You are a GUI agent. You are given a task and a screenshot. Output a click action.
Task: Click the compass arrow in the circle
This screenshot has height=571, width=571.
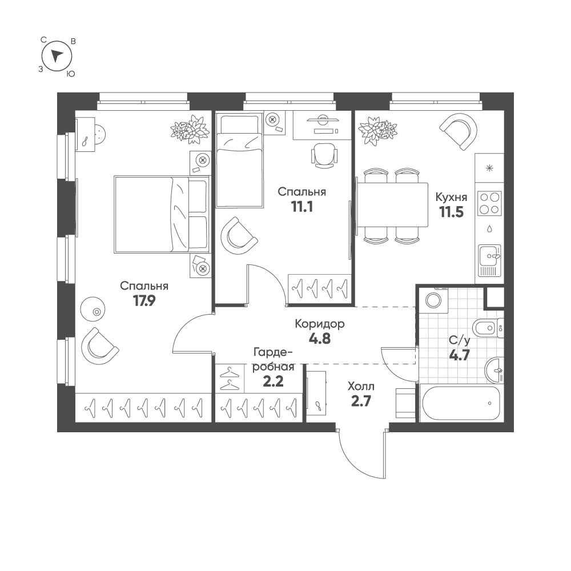pyautogui.click(x=57, y=55)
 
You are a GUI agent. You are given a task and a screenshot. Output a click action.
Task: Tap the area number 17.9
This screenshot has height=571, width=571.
pyautogui.click(x=144, y=301)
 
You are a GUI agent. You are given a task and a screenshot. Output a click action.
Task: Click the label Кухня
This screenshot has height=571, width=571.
pyautogui.click(x=451, y=198)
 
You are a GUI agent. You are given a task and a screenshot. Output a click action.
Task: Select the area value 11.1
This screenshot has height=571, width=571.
pyautogui.click(x=302, y=207)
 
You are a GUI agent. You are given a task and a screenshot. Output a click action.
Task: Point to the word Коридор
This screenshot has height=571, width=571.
pyautogui.click(x=320, y=324)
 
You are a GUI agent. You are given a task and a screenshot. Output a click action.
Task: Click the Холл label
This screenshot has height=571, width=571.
pyautogui.click(x=361, y=386)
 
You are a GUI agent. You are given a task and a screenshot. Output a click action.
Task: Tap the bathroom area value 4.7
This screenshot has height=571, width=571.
pyautogui.click(x=459, y=355)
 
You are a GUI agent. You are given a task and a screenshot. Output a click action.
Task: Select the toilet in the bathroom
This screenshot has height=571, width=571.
pyautogui.click(x=488, y=328)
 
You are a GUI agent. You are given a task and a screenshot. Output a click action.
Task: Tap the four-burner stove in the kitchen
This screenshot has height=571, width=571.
pyautogui.click(x=489, y=203)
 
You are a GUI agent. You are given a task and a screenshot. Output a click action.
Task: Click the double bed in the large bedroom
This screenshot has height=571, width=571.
pyautogui.click(x=162, y=214)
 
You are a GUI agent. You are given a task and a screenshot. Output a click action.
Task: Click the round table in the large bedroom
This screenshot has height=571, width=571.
pyautogui.click(x=93, y=309)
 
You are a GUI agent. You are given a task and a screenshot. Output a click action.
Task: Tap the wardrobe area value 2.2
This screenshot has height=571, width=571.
pyautogui.click(x=273, y=381)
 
